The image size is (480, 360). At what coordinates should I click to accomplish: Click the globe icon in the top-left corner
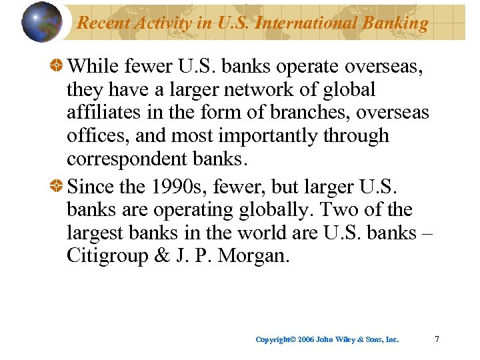41,22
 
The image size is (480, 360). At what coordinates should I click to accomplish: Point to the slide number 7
437,339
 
